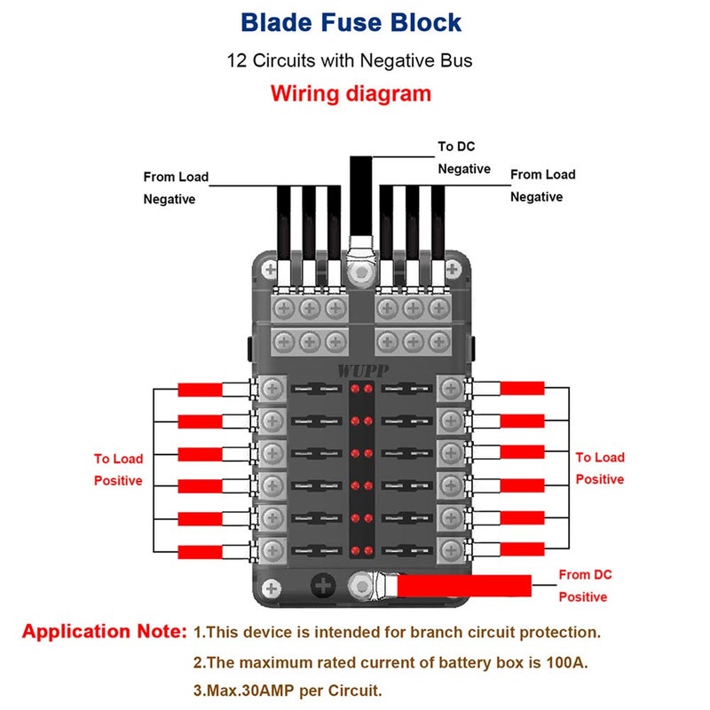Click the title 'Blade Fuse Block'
point(352,22)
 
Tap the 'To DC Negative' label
point(464,157)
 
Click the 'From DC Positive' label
point(585,586)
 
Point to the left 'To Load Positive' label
point(118,469)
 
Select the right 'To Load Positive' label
point(600,468)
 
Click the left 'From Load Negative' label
point(176,188)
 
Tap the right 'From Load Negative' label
point(542,185)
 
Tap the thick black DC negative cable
point(360,191)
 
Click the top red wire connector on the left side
point(199,390)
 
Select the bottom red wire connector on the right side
point(522,551)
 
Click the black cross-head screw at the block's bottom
point(322,586)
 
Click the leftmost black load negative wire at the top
point(284,217)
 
